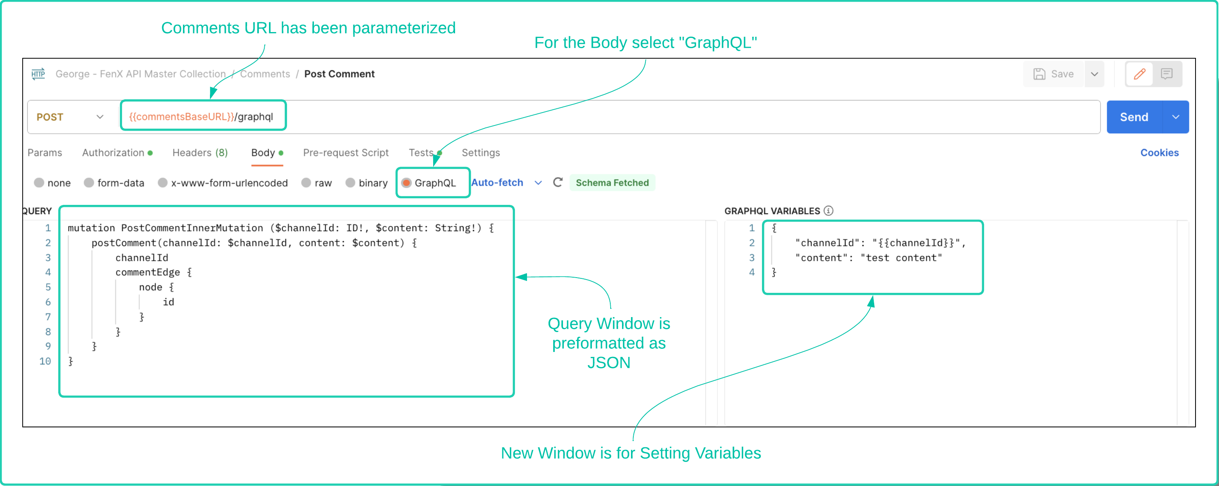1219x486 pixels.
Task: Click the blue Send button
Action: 1133,117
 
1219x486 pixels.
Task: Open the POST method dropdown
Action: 70,117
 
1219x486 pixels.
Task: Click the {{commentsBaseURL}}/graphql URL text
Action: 201,117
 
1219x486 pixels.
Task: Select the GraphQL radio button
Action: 406,183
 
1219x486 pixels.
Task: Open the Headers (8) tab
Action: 200,152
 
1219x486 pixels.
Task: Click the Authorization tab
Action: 113,152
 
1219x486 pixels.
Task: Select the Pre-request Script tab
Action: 346,152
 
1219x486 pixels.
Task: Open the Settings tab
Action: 480,152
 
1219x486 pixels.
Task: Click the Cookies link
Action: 1159,152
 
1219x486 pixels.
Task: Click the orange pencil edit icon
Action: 1140,74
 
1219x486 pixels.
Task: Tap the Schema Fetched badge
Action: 611,183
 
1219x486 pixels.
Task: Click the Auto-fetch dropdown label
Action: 497,183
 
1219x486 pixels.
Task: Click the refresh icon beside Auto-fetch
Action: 558,182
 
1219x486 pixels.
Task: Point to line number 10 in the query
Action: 45,361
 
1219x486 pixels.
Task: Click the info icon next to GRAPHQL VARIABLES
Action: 828,211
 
